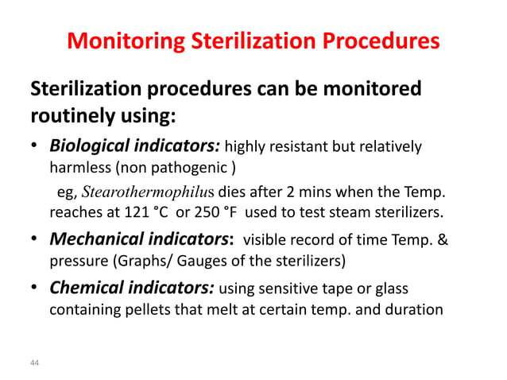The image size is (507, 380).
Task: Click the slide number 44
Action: point(34,363)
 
